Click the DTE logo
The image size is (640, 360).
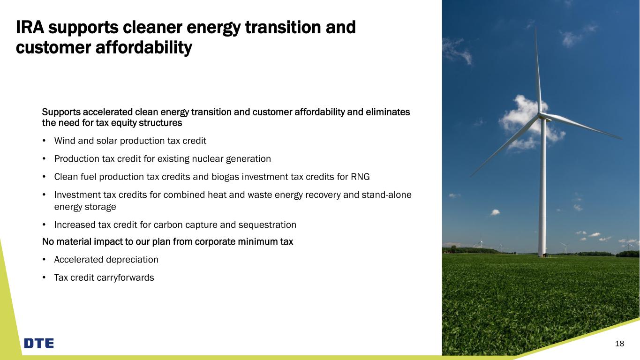pyautogui.click(x=39, y=343)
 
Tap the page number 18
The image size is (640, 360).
pyautogui.click(x=619, y=344)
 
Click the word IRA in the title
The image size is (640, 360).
pyautogui.click(x=30, y=28)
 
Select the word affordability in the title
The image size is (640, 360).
pyautogui.click(x=144, y=48)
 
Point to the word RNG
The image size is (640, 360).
pyautogui.click(x=360, y=177)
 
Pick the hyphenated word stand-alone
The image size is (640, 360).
pyautogui.click(x=386, y=195)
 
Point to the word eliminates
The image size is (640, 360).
pyautogui.click(x=388, y=112)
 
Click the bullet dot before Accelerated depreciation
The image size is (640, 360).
pyautogui.click(x=44, y=260)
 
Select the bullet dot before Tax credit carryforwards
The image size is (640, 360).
pyautogui.click(x=44, y=277)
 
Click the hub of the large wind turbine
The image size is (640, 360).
pyautogui.click(x=541, y=115)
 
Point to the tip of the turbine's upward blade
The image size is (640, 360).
pyautogui.click(x=536, y=28)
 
